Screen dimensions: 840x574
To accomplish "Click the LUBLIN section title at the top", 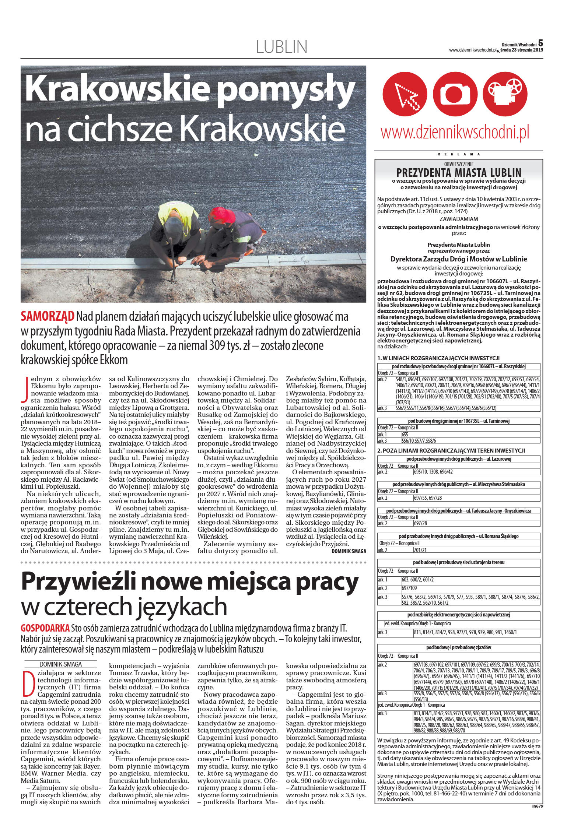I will pos(281,47).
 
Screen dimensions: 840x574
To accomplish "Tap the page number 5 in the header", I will pos(540,43).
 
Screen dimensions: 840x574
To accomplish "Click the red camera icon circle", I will pos(455,94).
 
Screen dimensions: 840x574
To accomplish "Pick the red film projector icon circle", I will pos(505,94).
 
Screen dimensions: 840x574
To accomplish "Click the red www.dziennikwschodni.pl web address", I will pos(455,132).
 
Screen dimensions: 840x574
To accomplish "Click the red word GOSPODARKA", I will pos(45,628).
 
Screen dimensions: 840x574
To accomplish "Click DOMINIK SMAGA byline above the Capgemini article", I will pos(60,664).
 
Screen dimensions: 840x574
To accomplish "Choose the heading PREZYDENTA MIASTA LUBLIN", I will pos(459,172).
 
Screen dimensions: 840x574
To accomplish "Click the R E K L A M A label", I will pos(459,154).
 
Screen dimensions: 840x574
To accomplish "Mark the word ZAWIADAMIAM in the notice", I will pos(459,219).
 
